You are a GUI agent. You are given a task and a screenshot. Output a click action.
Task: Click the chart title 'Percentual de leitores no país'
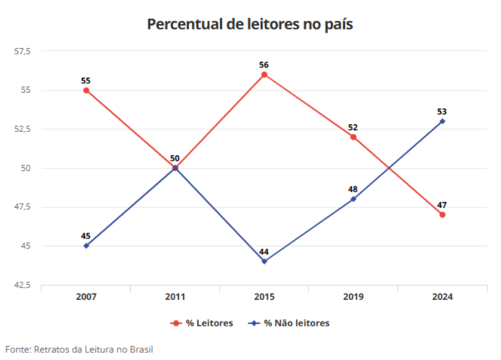[x=250, y=24]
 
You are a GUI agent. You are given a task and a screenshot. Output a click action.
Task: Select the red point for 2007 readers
[x=86, y=90]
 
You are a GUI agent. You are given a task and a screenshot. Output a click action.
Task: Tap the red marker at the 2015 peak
[x=264, y=75]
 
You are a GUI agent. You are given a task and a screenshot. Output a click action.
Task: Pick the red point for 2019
[x=353, y=137]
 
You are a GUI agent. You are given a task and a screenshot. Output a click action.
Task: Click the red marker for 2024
[x=442, y=214]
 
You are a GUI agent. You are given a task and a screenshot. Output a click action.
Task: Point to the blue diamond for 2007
[x=86, y=246]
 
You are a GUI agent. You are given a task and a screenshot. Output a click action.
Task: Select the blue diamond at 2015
[x=264, y=261]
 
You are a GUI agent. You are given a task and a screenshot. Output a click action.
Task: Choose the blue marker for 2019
[x=353, y=199]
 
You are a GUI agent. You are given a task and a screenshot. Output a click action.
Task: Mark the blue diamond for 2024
[x=442, y=121]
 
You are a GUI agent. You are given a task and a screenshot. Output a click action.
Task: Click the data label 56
[x=264, y=64]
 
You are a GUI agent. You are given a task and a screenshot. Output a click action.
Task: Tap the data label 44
[x=264, y=252]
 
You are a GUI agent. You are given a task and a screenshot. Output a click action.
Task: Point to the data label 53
[x=442, y=111]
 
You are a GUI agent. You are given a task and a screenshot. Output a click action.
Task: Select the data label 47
[x=442, y=204]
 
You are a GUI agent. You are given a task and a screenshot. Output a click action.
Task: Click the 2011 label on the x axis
[x=175, y=297]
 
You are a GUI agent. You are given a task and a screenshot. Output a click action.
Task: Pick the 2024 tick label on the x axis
[x=442, y=297]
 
